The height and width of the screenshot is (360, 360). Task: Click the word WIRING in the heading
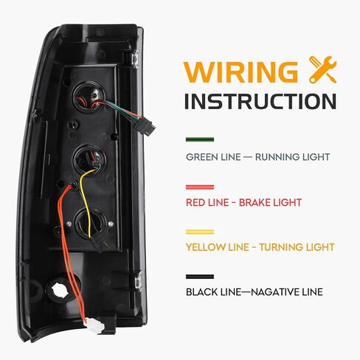click(240, 71)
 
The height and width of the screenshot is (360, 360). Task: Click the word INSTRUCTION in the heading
click(260, 101)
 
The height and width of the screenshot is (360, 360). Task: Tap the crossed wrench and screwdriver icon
click(322, 69)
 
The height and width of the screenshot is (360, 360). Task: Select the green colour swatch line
click(200, 139)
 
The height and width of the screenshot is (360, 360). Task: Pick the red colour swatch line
click(200, 187)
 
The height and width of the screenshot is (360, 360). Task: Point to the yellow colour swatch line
click(200, 232)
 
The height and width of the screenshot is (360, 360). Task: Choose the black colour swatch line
click(200, 277)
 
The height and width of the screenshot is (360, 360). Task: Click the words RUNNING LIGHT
click(292, 157)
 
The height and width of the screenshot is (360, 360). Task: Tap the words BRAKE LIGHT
click(270, 203)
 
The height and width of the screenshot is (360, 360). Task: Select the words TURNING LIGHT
click(297, 247)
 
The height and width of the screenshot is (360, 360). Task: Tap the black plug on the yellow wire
click(99, 244)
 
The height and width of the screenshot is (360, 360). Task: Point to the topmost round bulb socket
click(89, 97)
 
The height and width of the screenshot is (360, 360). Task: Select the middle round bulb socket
click(90, 159)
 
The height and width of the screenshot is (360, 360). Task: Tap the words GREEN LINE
click(213, 157)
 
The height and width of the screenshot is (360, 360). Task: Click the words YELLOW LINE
click(218, 247)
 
